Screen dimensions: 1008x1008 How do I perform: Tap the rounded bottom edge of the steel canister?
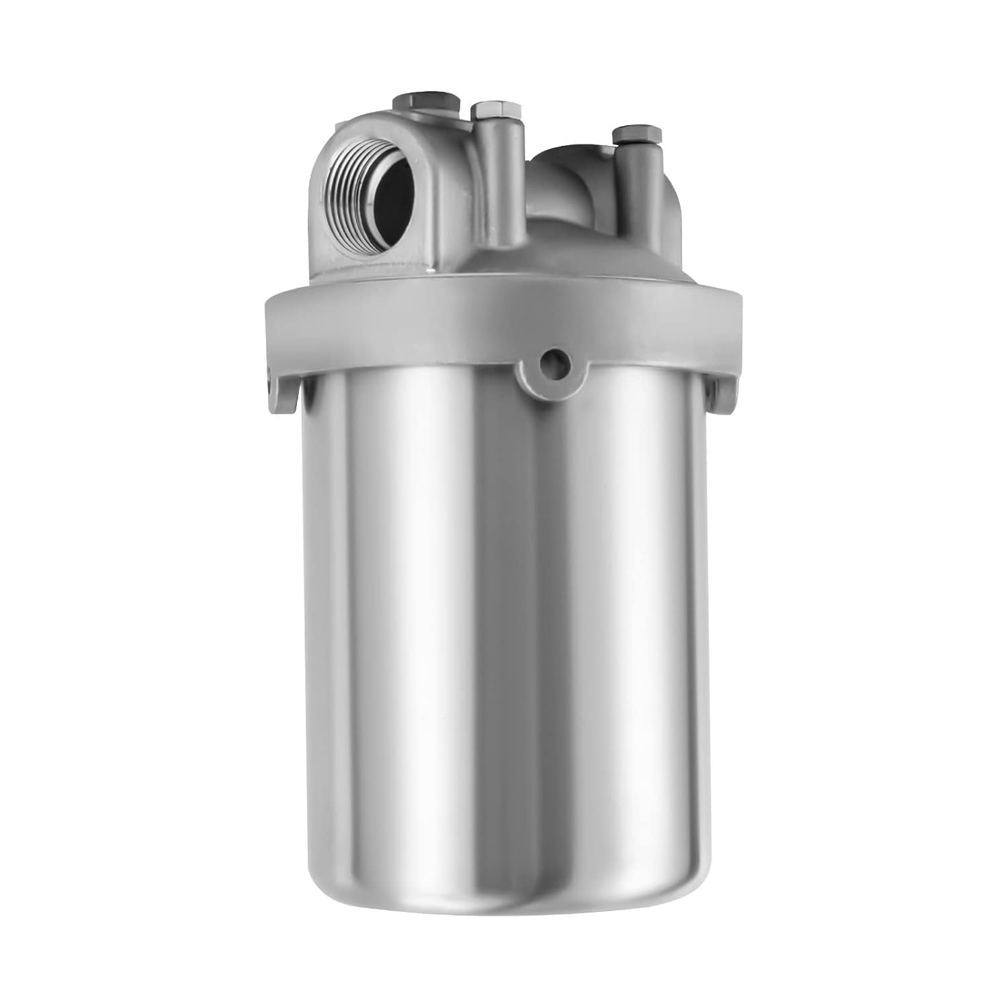[504, 911]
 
